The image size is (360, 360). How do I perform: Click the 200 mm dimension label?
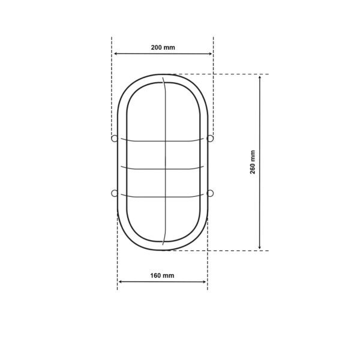163,47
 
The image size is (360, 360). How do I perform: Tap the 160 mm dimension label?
162,275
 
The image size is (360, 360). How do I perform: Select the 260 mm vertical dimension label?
253,162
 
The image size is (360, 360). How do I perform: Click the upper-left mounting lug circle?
114,139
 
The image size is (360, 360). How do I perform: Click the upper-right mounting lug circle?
210,139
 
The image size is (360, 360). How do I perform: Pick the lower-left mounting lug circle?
114,193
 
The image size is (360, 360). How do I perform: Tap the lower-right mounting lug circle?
210,193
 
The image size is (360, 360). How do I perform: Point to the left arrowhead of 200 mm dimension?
115,54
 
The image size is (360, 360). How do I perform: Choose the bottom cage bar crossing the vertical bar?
164,196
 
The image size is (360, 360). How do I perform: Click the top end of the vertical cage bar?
163,78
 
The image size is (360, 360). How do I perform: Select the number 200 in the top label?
157,47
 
